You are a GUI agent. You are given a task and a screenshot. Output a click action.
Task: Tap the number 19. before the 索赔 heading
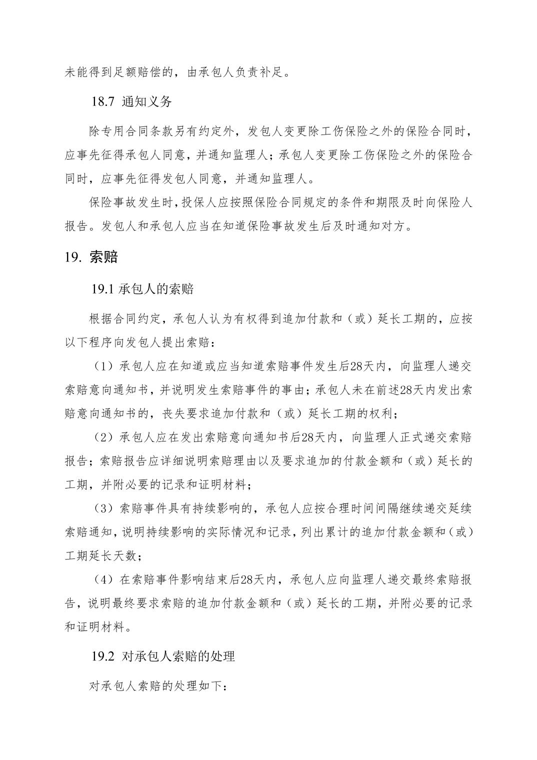[x=73, y=257]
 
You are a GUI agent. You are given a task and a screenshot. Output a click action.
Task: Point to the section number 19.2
[x=103, y=656]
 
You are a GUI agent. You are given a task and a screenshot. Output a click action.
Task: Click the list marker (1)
[x=104, y=366]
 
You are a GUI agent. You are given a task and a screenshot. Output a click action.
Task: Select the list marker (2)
[x=104, y=437]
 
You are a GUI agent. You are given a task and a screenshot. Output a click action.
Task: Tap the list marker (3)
[x=104, y=509]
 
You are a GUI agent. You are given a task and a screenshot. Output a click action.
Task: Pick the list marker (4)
[x=104, y=580]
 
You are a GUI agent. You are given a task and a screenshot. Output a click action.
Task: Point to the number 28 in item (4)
[x=246, y=580]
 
